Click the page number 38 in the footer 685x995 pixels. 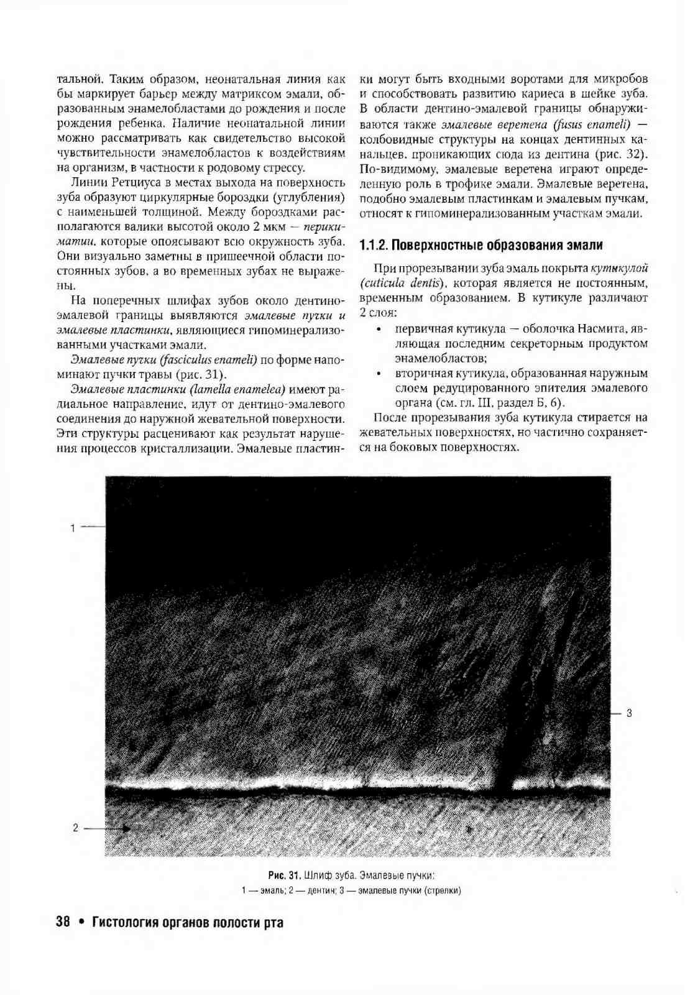[x=63, y=922]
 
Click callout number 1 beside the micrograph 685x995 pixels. [x=73, y=528]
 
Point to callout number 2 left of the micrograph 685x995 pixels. [x=76, y=828]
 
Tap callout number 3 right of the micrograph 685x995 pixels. [x=629, y=713]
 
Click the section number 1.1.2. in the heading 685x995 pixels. [x=374, y=245]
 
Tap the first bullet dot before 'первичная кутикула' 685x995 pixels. [x=378, y=329]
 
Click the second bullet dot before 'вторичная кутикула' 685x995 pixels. [x=378, y=374]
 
